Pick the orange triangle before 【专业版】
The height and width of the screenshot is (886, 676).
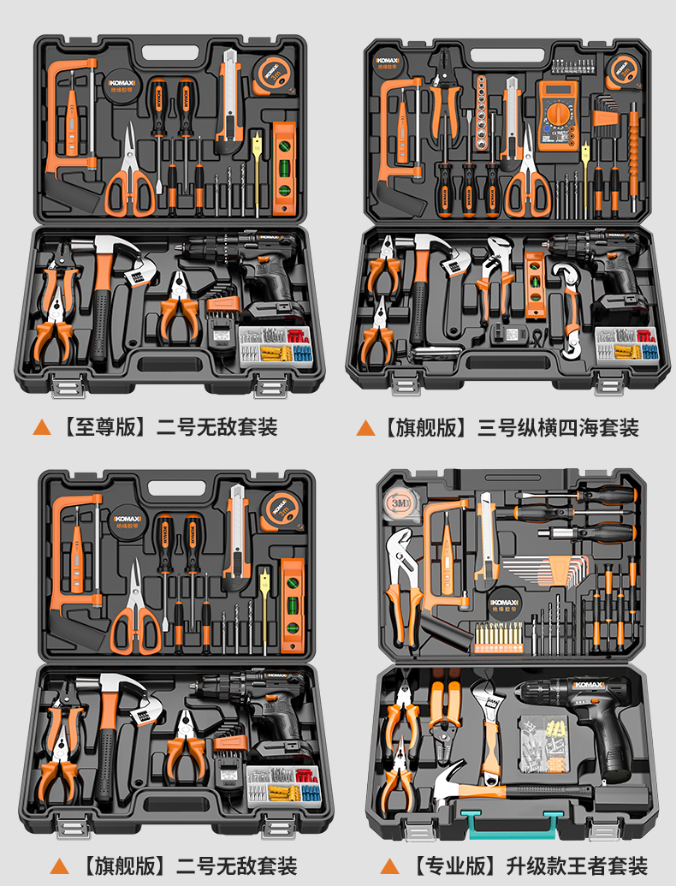[x=389, y=865]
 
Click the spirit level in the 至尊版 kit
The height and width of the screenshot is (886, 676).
[x=283, y=168]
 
